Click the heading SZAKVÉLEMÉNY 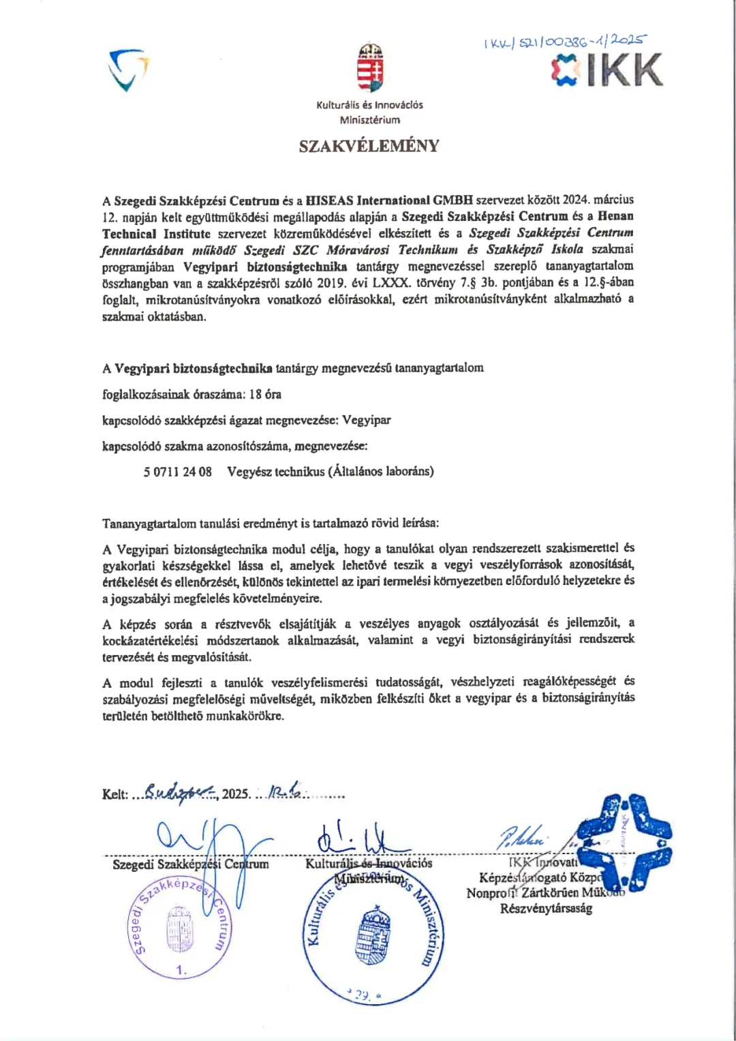click(369, 146)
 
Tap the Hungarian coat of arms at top click(370, 67)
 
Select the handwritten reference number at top click(564, 42)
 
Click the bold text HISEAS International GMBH click(389, 200)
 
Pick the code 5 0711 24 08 click(177, 472)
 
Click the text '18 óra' click(265, 395)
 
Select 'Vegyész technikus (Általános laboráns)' click(331, 472)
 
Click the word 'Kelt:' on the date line click(115, 795)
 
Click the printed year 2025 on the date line click(236, 794)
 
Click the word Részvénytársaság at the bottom click(546, 909)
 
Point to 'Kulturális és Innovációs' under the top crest click(369, 105)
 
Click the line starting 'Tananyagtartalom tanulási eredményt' click(271, 524)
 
